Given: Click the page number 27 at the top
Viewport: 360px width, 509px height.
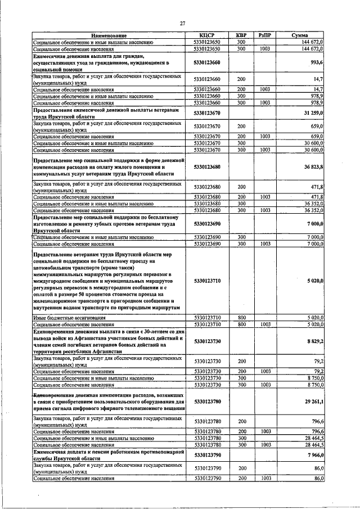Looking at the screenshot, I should point(182,23).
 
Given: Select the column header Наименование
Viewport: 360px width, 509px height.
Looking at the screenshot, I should point(107,35).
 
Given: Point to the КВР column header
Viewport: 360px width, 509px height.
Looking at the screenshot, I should point(241,35).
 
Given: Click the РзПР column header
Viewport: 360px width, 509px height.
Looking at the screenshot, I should point(264,35).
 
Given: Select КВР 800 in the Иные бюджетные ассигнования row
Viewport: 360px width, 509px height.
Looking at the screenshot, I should point(241,318).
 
